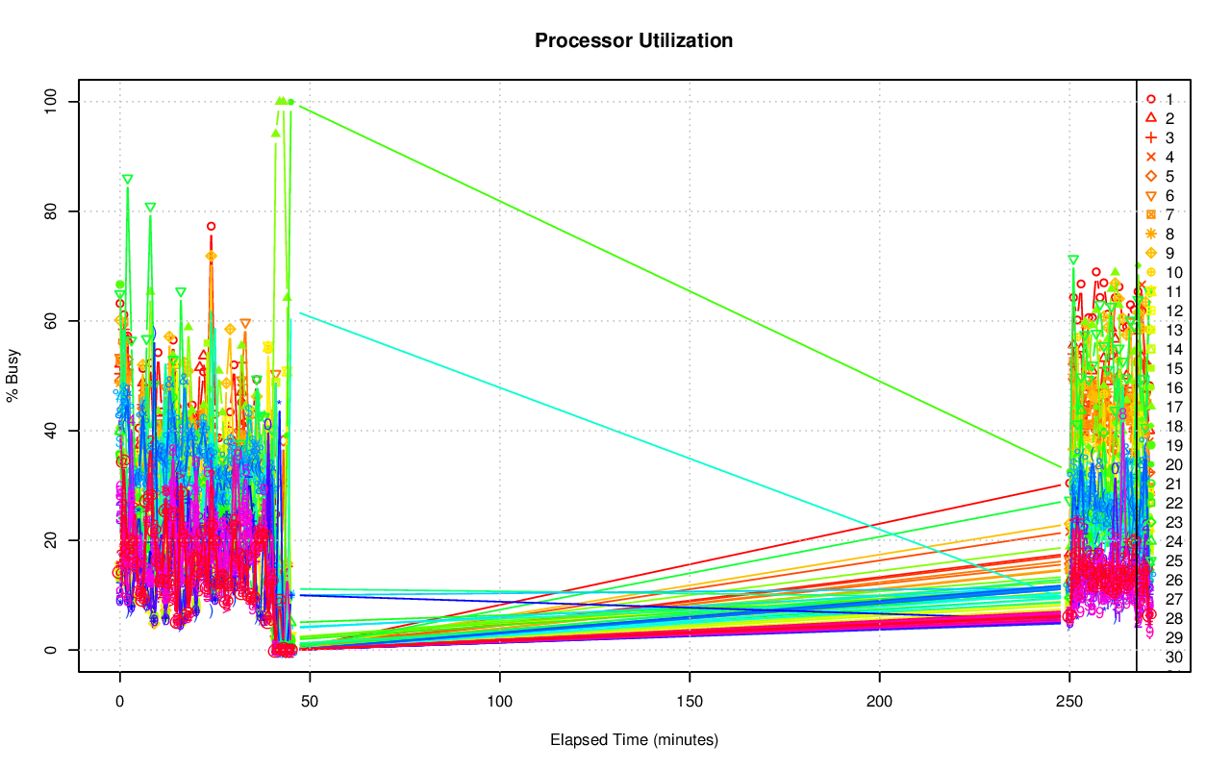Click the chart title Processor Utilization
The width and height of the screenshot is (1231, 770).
coord(634,40)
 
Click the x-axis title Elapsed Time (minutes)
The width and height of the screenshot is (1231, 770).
coord(634,740)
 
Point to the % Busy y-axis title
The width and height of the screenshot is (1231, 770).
coord(13,375)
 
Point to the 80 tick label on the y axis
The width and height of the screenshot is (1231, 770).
coord(54,211)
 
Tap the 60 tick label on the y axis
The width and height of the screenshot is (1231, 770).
coord(54,321)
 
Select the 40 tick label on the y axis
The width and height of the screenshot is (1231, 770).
coord(54,431)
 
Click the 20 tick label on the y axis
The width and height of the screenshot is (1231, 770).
coord(54,540)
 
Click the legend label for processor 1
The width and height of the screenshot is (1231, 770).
coord(1169,99)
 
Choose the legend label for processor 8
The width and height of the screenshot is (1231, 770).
coord(1169,234)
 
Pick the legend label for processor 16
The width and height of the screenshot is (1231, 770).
coord(1173,387)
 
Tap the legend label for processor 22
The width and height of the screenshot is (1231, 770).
coord(1173,503)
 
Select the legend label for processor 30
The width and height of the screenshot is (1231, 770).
coord(1173,657)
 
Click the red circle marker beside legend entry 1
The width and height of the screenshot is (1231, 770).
coord(1150,99)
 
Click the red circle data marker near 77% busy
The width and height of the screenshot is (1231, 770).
coord(211,227)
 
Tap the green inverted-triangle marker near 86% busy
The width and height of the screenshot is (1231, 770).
coord(127,180)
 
